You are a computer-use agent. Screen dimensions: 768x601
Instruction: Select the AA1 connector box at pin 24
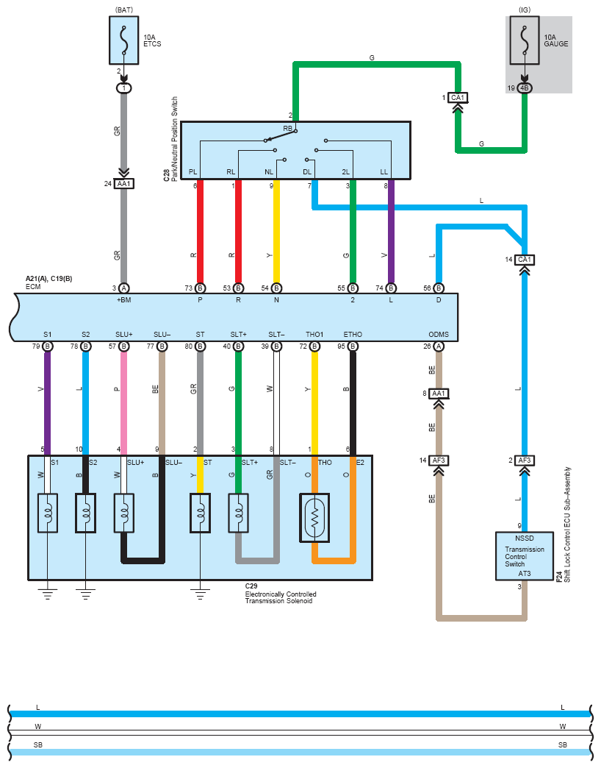pyautogui.click(x=123, y=184)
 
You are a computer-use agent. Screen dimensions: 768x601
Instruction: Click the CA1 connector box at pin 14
pyautogui.click(x=525, y=260)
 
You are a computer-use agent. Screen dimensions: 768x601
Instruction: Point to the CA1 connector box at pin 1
pyautogui.click(x=458, y=98)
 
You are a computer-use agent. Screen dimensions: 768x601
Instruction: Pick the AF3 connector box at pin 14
pyautogui.click(x=439, y=460)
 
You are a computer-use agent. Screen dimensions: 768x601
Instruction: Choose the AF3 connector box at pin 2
pyautogui.click(x=525, y=460)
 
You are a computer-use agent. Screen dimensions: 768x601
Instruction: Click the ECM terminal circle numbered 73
pyautogui.click(x=200, y=288)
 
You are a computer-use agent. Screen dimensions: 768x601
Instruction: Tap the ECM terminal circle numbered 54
pyautogui.click(x=276, y=288)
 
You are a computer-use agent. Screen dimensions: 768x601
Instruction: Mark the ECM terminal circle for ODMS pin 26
pyautogui.click(x=439, y=346)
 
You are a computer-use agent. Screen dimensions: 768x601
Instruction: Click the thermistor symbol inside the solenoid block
pyautogui.click(x=314, y=517)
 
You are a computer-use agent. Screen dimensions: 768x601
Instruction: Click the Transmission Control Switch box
pyautogui.click(x=525, y=555)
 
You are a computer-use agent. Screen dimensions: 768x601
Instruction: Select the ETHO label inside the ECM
pyautogui.click(x=353, y=335)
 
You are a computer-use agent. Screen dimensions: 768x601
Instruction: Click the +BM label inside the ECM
pyautogui.click(x=123, y=300)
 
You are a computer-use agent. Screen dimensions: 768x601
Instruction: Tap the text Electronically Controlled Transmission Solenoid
pyautogui.click(x=278, y=597)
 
